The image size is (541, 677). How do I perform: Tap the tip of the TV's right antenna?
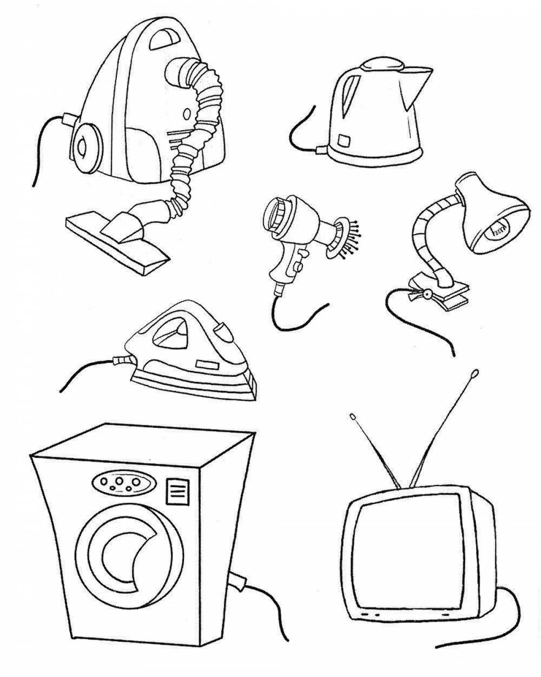475,373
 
